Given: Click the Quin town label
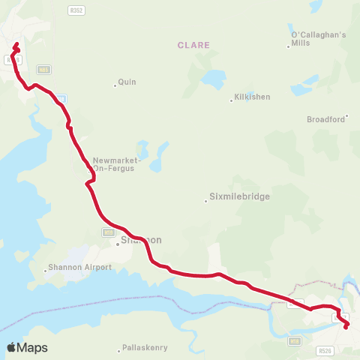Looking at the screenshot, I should (x=127, y=82).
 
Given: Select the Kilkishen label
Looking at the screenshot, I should (x=252, y=97).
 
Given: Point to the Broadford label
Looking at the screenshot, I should (x=325, y=119).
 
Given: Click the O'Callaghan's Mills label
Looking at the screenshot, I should (x=318, y=38).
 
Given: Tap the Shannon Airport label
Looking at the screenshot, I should (x=79, y=267).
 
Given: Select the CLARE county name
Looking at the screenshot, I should (x=193, y=45).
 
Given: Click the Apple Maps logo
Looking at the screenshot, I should (x=27, y=347).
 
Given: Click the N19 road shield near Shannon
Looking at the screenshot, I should (x=107, y=232).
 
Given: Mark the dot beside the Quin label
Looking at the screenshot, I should (x=115, y=85).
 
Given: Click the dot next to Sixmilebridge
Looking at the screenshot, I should (x=206, y=201).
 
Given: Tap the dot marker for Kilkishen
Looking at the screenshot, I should (x=232, y=101).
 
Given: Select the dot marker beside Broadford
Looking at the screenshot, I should (x=347, y=118).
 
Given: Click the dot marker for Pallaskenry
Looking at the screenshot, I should (x=120, y=350).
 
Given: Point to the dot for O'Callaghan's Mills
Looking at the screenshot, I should (x=289, y=47).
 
